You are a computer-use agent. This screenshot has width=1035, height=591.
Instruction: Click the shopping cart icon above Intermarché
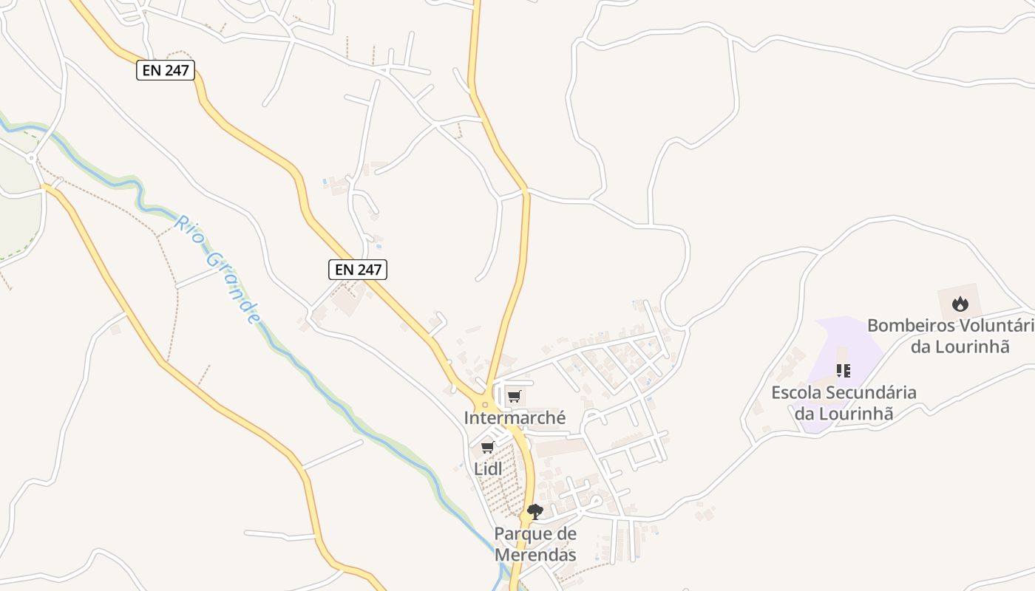click(515, 397)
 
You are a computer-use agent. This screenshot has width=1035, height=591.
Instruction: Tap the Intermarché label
click(515, 418)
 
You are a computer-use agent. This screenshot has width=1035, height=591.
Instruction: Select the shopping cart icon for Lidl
click(487, 448)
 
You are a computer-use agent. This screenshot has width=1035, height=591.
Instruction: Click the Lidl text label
click(488, 468)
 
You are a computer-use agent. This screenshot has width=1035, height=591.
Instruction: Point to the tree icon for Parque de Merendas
click(535, 511)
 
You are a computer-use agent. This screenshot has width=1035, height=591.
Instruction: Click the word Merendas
click(535, 554)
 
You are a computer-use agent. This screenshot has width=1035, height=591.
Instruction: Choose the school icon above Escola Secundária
click(844, 371)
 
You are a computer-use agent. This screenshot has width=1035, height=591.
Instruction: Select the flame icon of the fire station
click(960, 304)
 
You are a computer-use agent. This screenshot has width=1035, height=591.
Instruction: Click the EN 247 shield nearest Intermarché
click(358, 270)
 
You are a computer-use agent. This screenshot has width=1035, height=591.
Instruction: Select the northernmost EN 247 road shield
click(166, 71)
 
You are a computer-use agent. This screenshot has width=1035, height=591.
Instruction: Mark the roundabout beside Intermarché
click(486, 403)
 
